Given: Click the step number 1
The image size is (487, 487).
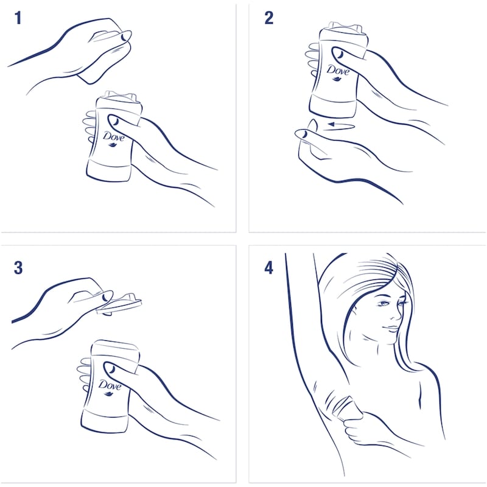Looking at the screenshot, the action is pos(18,18).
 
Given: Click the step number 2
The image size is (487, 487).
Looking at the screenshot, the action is pos(268,18).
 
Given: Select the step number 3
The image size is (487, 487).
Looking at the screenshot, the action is pos(18,267).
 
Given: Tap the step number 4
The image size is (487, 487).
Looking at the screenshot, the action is pos(268,267).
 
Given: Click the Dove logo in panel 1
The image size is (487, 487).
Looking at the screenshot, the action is pos(113,139).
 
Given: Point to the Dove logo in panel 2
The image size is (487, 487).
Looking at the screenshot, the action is pos(338,72).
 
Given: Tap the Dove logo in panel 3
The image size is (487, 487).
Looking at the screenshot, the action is pos(110,388).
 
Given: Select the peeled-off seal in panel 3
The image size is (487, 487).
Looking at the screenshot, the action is pos(119,304).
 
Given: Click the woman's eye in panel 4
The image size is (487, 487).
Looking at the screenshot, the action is pos(384,303).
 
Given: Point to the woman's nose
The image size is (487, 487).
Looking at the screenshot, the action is pos(397,314).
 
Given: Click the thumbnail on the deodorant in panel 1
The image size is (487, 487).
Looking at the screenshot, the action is pos(114,121).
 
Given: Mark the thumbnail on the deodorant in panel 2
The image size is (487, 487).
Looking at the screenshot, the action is pos(340,54).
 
